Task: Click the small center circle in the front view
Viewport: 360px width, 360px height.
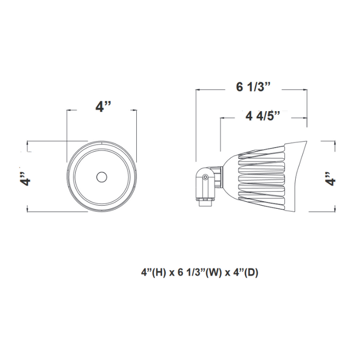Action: (x=101, y=177)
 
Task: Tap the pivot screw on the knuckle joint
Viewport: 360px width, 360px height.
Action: (x=206, y=177)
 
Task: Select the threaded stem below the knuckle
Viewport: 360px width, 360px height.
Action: (x=204, y=202)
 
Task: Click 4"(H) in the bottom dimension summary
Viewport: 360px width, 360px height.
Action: (x=153, y=272)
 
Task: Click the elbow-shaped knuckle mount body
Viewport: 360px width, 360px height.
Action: (x=203, y=183)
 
